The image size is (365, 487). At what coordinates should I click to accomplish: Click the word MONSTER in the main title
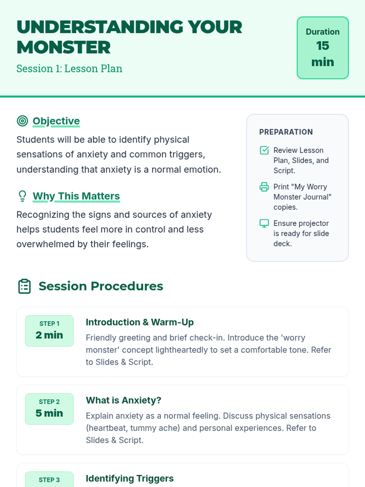click(x=63, y=47)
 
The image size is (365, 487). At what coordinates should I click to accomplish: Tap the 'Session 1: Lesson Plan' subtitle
click(x=69, y=68)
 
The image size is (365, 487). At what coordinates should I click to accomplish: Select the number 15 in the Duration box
click(x=323, y=46)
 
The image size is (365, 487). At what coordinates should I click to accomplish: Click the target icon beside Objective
click(x=23, y=121)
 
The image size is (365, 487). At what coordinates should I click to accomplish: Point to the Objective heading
click(x=56, y=121)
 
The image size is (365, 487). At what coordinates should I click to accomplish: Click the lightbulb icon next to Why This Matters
click(x=23, y=196)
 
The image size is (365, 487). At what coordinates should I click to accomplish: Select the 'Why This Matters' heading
click(x=76, y=196)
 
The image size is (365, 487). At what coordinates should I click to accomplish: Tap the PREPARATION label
click(x=286, y=132)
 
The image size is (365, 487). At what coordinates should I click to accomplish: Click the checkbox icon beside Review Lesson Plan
click(x=264, y=150)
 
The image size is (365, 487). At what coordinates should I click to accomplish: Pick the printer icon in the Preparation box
click(x=264, y=187)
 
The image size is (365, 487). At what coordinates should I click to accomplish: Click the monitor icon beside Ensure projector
click(x=264, y=223)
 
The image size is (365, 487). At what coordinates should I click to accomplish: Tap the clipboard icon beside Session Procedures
click(x=24, y=286)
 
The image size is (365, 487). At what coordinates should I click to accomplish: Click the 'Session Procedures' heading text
click(x=101, y=286)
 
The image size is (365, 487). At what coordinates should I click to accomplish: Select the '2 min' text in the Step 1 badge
click(x=49, y=335)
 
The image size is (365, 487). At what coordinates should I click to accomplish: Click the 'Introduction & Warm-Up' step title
click(x=140, y=322)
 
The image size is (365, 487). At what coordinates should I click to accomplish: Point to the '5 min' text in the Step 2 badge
click(x=49, y=413)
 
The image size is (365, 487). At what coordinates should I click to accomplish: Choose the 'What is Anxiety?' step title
click(x=123, y=400)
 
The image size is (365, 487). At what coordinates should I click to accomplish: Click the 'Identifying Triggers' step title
click(x=130, y=478)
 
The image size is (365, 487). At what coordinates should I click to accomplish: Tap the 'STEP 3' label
click(x=49, y=480)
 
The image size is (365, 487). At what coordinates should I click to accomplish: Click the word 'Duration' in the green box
click(x=323, y=32)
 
